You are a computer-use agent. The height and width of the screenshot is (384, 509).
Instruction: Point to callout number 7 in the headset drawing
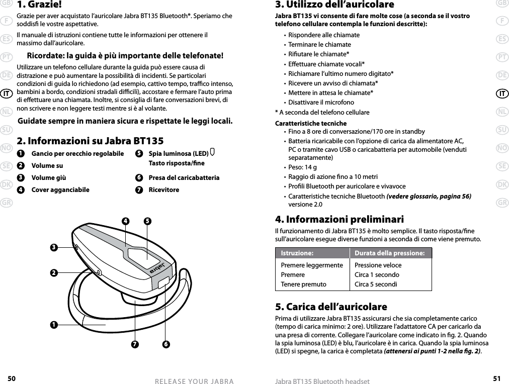[134, 344]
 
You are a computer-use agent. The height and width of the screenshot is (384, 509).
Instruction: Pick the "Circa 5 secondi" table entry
[377, 284]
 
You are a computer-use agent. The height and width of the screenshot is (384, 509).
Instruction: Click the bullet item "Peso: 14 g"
[302, 167]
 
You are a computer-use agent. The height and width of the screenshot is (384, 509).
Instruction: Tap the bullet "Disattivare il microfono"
[321, 103]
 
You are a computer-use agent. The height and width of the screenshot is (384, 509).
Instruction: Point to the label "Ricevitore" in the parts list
[163, 190]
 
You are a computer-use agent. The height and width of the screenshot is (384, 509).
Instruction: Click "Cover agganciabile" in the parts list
[60, 190]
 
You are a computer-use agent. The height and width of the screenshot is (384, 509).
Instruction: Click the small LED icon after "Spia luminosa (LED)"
[213, 153]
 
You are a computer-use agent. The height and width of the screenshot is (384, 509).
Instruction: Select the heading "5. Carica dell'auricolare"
[331, 307]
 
